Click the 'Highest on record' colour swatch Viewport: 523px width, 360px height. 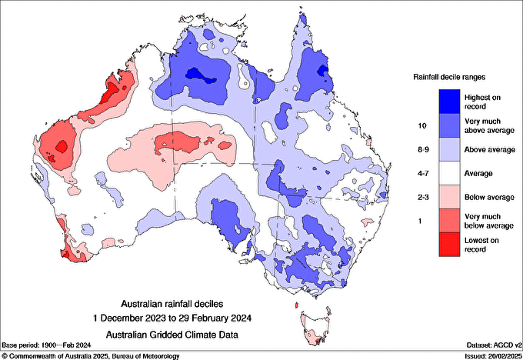pos(449,102)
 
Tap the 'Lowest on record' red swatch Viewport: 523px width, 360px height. pos(449,245)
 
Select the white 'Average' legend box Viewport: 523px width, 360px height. pos(449,173)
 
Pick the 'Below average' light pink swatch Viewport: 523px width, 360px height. pos(449,197)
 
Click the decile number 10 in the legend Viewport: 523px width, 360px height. pos(422,126)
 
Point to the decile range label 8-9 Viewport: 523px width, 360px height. pos(423,149)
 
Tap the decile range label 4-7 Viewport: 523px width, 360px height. pos(423,174)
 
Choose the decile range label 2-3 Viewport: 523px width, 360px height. pos(423,197)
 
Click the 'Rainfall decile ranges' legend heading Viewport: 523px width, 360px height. pos(449,77)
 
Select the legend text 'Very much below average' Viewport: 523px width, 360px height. pos(489,222)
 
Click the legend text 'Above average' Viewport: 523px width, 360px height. pos(490,150)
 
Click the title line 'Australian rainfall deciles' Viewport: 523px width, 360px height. pos(172,304)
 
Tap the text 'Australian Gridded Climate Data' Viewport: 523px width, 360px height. pos(172,335)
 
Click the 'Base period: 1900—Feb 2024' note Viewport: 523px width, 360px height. pos(46,345)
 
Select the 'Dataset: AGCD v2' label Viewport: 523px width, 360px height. pos(494,345)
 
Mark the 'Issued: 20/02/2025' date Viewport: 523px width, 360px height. pos(493,356)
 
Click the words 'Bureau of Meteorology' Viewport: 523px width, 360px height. pos(146,356)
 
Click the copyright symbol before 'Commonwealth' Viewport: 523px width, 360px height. pos(5,356)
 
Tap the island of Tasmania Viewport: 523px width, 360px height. pos(316,328)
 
